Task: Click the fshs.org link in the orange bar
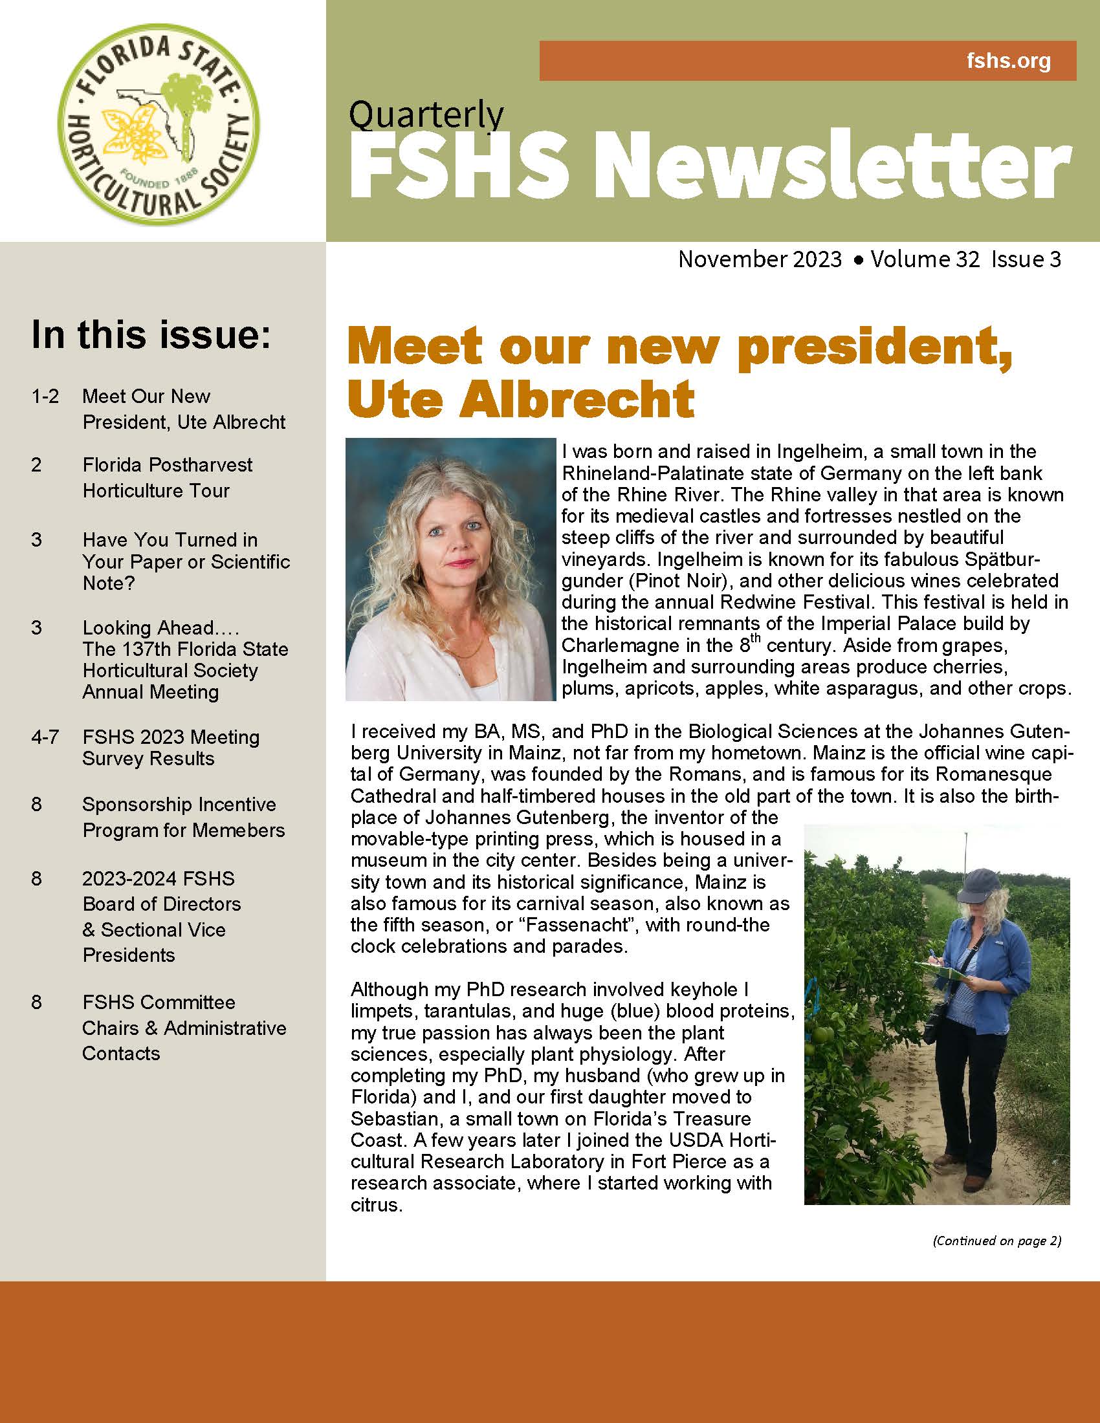[x=1008, y=61]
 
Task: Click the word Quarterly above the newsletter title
[x=426, y=114]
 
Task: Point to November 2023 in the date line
[x=760, y=259]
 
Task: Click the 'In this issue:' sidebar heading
[x=151, y=334]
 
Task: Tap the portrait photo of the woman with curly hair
[x=450, y=569]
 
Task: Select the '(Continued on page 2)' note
[x=997, y=1241]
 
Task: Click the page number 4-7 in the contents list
[x=44, y=737]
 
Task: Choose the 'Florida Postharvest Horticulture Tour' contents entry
[x=167, y=477]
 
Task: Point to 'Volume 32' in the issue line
[x=925, y=259]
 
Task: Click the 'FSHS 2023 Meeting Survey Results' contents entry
[x=171, y=747]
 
